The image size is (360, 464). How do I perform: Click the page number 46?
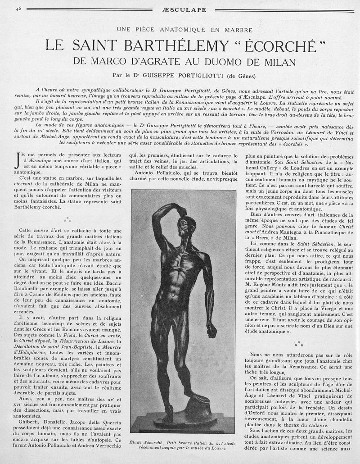[x=18, y=8]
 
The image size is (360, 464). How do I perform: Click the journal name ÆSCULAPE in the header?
[x=179, y=9]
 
